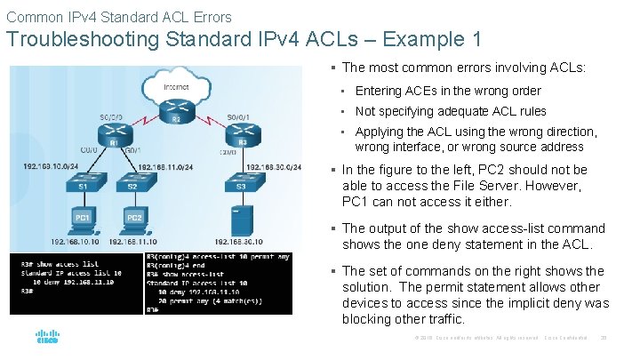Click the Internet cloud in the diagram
point(176,87)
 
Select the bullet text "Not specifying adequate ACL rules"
point(451,111)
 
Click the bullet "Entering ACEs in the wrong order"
point(448,91)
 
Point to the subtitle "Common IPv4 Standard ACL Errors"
point(118,16)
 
